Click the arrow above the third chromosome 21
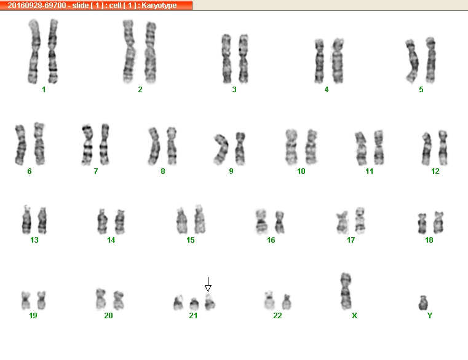(208, 284)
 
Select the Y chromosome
(423, 303)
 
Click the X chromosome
(346, 291)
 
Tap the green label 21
(193, 316)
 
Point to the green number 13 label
(34, 240)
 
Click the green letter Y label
(429, 316)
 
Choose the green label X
(354, 316)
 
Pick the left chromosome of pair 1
(34, 52)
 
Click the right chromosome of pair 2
(151, 52)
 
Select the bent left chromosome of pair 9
(221, 149)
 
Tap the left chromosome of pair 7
(87, 145)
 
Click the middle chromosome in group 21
(194, 304)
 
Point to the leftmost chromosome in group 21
(178, 303)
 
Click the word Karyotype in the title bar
(159, 6)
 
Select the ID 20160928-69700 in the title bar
(37, 6)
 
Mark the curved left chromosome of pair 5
(412, 61)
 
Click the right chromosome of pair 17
(360, 221)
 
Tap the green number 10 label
(301, 171)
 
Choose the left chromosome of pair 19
(26, 300)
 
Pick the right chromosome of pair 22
(287, 302)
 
